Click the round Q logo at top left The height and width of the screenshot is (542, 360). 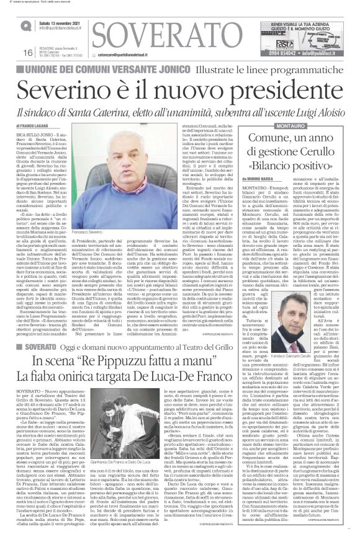[x=25, y=25]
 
